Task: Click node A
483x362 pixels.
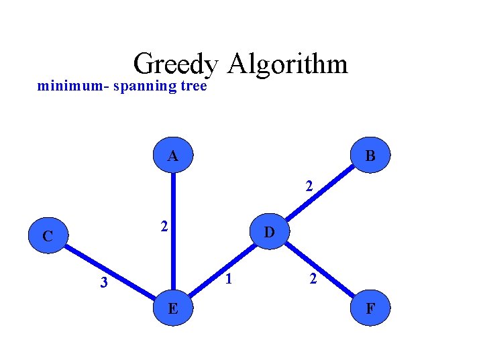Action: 173,156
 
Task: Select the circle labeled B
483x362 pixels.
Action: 370,156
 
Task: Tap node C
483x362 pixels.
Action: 47,235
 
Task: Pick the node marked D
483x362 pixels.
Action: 269,233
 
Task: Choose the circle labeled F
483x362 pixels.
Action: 370,309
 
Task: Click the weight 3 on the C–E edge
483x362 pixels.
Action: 103,283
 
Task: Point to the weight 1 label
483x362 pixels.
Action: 229,278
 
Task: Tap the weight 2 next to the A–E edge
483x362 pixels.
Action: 163,227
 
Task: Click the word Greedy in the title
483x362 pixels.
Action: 176,64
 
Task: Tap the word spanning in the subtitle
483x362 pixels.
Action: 141,86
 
